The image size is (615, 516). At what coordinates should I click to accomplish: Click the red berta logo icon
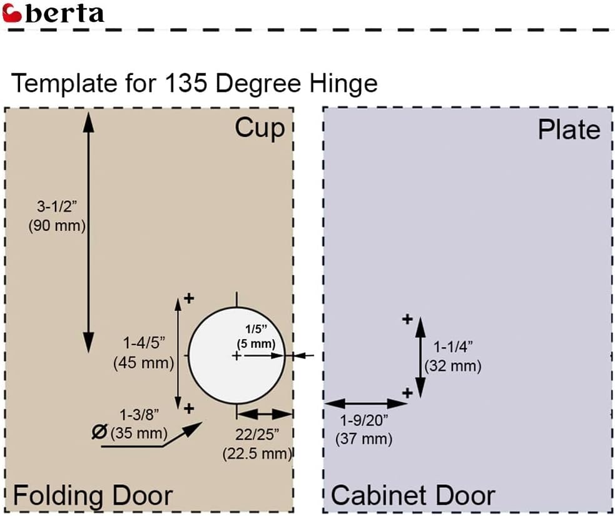[12, 13]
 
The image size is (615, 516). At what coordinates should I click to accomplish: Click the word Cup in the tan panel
[260, 128]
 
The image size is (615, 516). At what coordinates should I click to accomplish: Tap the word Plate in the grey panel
[569, 130]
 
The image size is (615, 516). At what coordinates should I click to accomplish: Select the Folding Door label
[93, 495]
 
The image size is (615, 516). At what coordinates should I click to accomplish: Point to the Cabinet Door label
[413, 495]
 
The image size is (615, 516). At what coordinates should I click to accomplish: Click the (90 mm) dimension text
[57, 226]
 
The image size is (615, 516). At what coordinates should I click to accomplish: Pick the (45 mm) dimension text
[143, 363]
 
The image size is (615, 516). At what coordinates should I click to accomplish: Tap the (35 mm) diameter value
[139, 433]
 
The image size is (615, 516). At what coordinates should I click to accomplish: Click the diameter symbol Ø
[99, 432]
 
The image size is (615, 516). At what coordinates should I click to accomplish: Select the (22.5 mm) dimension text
[257, 454]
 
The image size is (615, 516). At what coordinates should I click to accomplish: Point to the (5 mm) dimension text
[256, 344]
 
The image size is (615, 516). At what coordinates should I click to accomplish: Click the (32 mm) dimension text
[453, 367]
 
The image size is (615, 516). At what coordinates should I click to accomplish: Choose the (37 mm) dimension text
[364, 438]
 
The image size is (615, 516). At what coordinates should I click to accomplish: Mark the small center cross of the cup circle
[236, 356]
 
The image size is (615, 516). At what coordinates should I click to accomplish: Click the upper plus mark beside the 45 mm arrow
[189, 298]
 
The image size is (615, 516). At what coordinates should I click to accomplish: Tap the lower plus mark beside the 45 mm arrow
[189, 408]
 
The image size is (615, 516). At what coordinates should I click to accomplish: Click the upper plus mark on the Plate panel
[407, 319]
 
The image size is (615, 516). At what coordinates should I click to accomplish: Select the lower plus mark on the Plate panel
[407, 393]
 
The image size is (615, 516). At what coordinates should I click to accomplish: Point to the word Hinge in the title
[343, 84]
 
